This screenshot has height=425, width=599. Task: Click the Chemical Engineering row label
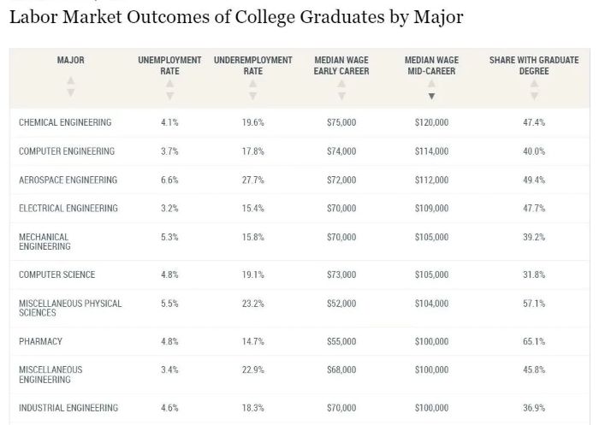[x=65, y=123]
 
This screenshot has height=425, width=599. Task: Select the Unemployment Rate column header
[x=169, y=66]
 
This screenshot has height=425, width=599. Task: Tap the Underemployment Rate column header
[x=252, y=66]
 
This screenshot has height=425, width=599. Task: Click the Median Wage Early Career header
[x=341, y=66]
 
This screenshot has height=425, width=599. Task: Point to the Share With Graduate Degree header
[x=533, y=66]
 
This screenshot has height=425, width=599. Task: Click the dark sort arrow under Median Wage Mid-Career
[x=431, y=96]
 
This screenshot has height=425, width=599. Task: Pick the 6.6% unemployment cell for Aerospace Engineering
[x=169, y=180]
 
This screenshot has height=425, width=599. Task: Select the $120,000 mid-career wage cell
[x=431, y=123]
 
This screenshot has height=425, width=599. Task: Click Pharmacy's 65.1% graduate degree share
[x=534, y=342]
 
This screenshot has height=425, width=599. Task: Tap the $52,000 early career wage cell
[x=341, y=304]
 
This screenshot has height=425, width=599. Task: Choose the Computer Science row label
[x=57, y=275]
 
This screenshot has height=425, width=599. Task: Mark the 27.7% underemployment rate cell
[x=252, y=180]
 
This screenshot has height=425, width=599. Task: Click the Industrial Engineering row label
[x=68, y=409]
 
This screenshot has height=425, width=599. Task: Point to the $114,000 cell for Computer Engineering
[x=431, y=152]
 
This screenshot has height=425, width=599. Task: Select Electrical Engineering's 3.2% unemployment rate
[x=169, y=209]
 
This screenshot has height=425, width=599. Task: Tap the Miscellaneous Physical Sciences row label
[x=70, y=309]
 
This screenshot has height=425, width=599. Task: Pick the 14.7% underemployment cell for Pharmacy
[x=252, y=342]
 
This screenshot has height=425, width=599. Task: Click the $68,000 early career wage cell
[x=341, y=370]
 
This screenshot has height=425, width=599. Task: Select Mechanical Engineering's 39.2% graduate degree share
[x=534, y=237]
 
